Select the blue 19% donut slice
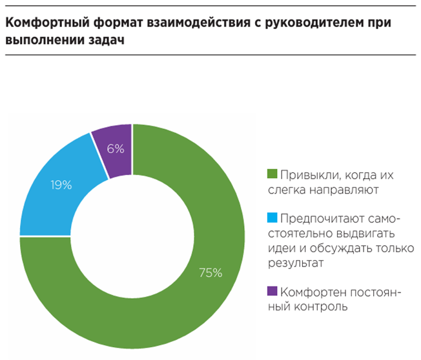(58, 194)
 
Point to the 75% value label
(211, 273)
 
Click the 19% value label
(61, 185)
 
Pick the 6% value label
(116, 148)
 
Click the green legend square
(272, 174)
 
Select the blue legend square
(272, 217)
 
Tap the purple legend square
(272, 291)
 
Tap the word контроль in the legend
(323, 306)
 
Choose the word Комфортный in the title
(41, 23)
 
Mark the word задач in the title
(108, 40)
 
